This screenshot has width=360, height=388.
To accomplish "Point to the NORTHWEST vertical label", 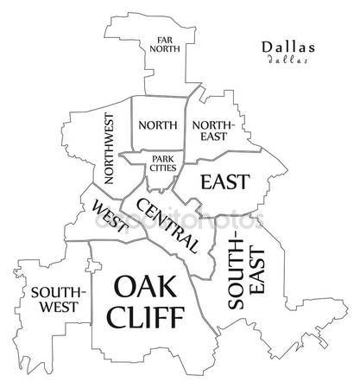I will (x=109, y=149).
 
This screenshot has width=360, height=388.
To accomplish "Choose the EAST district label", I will (x=224, y=181).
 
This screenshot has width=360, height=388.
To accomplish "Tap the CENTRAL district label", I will (x=167, y=224).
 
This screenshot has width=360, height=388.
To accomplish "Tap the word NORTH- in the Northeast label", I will (x=212, y=124).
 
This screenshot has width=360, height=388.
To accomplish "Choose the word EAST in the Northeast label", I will (x=212, y=137).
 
